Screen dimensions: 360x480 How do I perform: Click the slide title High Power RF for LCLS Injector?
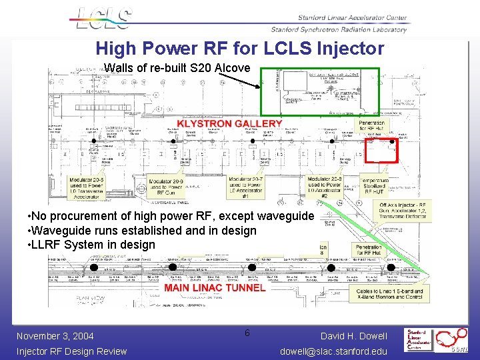point(240,49)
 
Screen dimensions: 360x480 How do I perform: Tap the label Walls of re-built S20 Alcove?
point(177,68)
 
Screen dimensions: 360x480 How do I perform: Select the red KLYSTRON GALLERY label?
point(229,123)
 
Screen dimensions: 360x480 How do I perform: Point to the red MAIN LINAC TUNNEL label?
point(215,288)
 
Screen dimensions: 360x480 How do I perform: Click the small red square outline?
point(383,151)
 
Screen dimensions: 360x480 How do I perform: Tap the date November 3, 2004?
point(55,336)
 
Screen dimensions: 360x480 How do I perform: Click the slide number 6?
point(247,333)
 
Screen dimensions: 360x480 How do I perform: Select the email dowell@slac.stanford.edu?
point(333,351)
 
